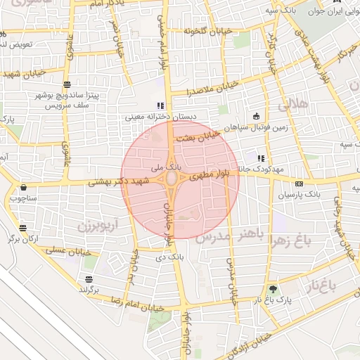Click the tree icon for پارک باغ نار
(273, 288)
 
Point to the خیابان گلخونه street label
(208, 32)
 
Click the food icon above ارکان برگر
(23, 228)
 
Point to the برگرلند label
(89, 289)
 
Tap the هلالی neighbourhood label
(294, 105)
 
